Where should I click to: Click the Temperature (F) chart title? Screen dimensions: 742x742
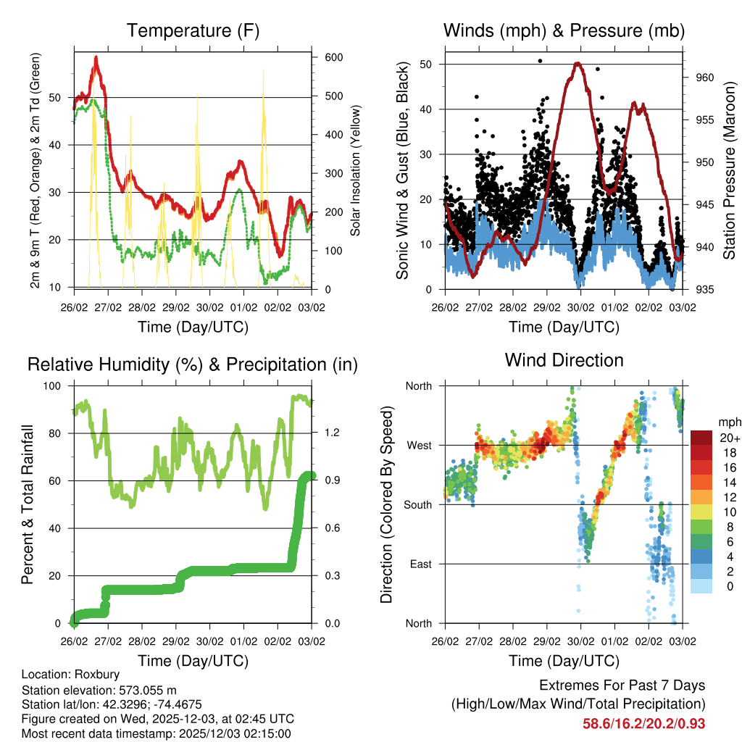[x=193, y=31]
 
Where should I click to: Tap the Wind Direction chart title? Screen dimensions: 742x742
[x=564, y=360]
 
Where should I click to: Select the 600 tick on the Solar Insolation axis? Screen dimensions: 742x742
[x=333, y=58]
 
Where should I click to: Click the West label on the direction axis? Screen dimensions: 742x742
[x=418, y=445]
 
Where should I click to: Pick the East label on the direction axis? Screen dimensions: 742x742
[x=420, y=564]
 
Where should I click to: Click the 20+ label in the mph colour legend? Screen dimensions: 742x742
[x=728, y=438]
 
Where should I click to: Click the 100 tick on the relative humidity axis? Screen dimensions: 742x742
[x=54, y=385]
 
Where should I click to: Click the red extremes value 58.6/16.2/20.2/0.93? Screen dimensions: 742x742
[x=643, y=724]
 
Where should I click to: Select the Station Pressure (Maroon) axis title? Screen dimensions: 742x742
[x=730, y=170]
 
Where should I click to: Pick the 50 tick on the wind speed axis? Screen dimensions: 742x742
[x=426, y=64]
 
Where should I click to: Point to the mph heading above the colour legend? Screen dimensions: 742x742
[x=728, y=422]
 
